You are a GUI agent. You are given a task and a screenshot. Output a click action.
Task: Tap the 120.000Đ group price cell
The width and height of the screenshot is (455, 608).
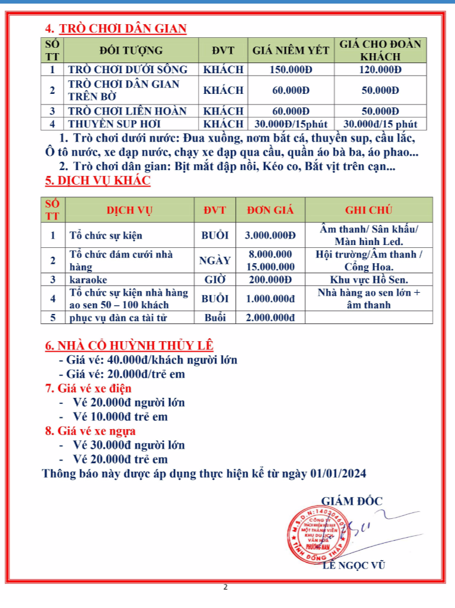[x=380, y=70]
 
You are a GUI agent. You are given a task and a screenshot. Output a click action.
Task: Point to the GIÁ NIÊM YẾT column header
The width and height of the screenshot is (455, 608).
[x=291, y=51]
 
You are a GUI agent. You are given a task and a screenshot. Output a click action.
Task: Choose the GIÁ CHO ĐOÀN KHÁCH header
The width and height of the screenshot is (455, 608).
[x=380, y=51]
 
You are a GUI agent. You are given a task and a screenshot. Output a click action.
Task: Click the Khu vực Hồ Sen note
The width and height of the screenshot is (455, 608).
[x=370, y=279]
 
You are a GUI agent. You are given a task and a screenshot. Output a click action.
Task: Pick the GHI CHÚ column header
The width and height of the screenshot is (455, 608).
[x=370, y=210]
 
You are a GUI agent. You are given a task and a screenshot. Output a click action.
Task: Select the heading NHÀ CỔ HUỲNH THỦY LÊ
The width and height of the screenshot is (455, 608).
[x=130, y=345]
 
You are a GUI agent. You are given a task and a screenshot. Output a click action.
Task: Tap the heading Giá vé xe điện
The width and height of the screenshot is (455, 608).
[x=88, y=388]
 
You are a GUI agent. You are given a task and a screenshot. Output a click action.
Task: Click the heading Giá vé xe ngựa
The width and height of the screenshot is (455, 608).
[x=90, y=431]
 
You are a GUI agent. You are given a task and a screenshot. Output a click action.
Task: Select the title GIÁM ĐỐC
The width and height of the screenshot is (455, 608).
[x=351, y=501]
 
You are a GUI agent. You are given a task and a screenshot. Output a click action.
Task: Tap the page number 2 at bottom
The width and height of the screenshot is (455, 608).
[x=226, y=587]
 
